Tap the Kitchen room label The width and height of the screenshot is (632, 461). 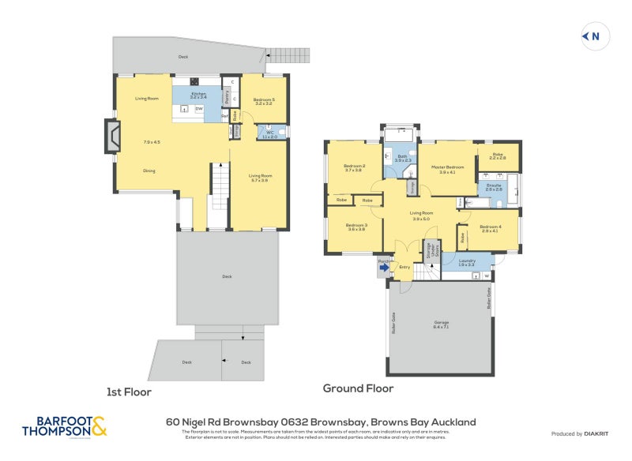[x=198, y=95]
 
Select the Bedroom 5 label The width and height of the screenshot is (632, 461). [x=264, y=99]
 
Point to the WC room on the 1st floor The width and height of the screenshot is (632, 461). [x=269, y=133]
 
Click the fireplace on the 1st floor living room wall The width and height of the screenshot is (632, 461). [x=113, y=136]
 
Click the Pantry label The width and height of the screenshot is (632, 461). [x=228, y=98]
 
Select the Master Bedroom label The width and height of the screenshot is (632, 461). [x=447, y=167]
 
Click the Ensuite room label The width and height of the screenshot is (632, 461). [x=494, y=186]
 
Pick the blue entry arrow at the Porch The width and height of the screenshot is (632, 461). [x=384, y=268]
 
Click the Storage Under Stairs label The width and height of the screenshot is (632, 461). [x=431, y=251]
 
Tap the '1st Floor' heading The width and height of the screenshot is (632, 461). [x=129, y=392]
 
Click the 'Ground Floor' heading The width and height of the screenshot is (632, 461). [x=358, y=388]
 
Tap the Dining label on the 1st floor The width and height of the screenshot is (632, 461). [x=149, y=171]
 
